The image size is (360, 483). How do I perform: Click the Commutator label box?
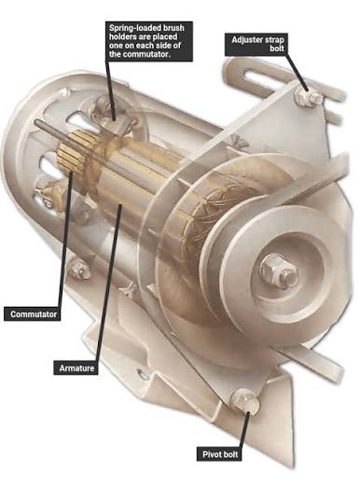(32, 313)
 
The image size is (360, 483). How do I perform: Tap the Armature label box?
(76, 367)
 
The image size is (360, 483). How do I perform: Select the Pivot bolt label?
(220, 454)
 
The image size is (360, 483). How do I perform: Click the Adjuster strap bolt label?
(256, 44)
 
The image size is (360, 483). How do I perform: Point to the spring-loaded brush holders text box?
(149, 41)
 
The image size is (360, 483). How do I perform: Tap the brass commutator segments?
(72, 149)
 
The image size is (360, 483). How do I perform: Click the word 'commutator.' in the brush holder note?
(146, 54)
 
